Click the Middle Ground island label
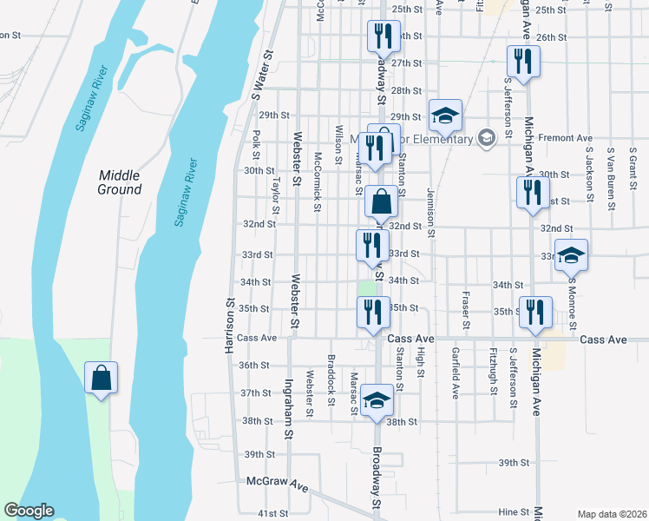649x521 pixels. pyautogui.click(x=119, y=181)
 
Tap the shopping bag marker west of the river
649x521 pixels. pyautogui.click(x=102, y=379)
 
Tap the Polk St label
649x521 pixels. pyautogui.click(x=257, y=145)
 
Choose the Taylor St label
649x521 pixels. pyautogui.click(x=277, y=196)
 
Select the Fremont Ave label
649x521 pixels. pyautogui.click(x=565, y=138)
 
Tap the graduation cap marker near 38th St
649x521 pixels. pyautogui.click(x=377, y=400)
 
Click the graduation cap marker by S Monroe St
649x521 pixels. pyautogui.click(x=571, y=255)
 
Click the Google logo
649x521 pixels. pyautogui.click(x=29, y=511)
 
